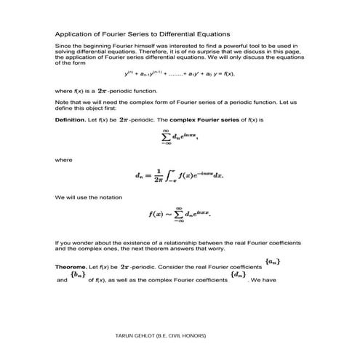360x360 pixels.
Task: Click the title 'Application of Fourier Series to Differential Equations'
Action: click(x=143, y=34)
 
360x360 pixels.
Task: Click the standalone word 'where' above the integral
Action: click(x=63, y=159)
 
